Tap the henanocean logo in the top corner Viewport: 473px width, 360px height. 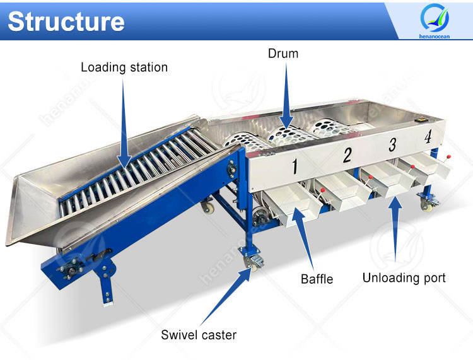(x=436, y=20)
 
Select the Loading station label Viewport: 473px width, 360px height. (x=124, y=67)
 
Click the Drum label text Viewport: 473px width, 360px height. (x=283, y=54)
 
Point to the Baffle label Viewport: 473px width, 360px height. (x=317, y=278)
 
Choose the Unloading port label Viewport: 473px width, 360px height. (x=404, y=277)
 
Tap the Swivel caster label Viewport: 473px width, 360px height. (x=199, y=334)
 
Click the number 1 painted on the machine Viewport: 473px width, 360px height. (x=294, y=166)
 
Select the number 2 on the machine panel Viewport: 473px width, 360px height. (x=347, y=155)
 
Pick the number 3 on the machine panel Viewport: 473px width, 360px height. (x=392, y=145)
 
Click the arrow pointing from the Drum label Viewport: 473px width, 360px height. (x=286, y=101)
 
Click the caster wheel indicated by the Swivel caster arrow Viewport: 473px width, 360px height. (x=251, y=262)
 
